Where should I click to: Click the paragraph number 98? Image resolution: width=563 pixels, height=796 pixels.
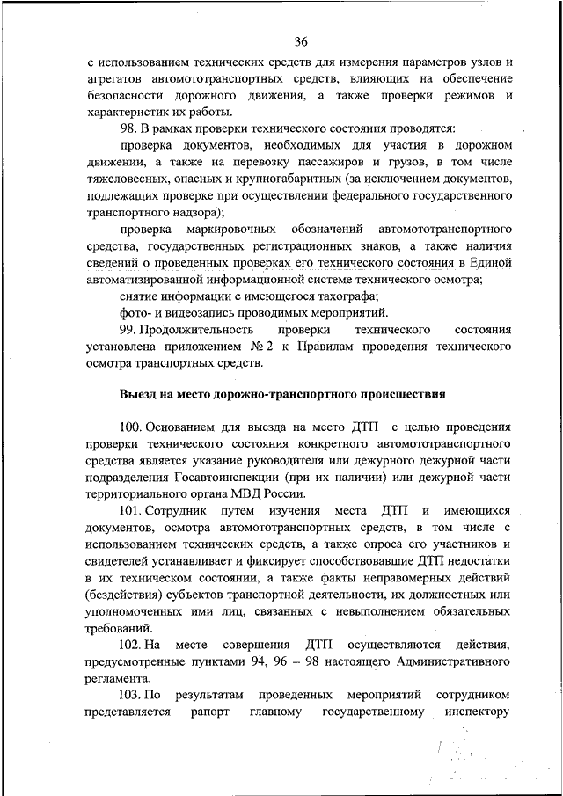128,129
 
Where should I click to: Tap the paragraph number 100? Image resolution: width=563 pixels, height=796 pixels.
131,427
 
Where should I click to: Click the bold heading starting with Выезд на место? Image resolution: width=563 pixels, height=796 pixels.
282,394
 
